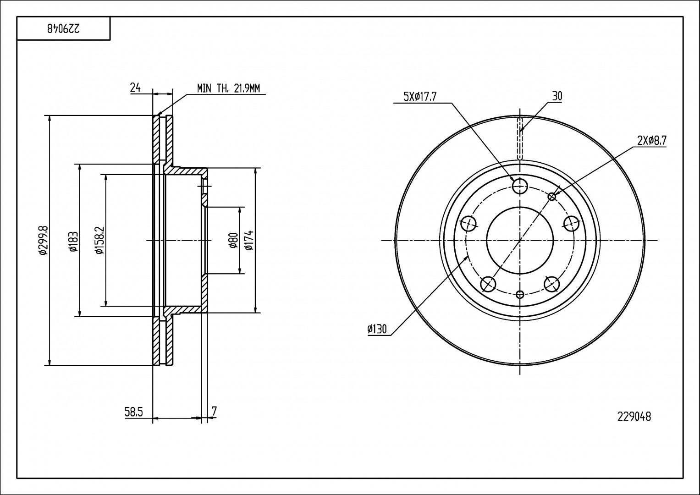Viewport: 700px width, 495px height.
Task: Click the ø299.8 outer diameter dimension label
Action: tap(44, 240)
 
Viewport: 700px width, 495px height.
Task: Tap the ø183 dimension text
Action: tap(73, 241)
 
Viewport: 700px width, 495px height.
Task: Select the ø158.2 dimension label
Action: tap(99, 240)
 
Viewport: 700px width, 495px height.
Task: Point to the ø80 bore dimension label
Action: tap(233, 240)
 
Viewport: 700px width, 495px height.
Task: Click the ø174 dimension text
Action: tap(249, 240)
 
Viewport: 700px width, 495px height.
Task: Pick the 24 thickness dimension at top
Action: tap(135, 88)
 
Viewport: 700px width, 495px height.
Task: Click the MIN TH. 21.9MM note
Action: tap(228, 88)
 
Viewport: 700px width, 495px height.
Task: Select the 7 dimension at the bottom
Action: tap(214, 411)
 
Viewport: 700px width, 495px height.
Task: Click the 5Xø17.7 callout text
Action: tap(420, 97)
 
